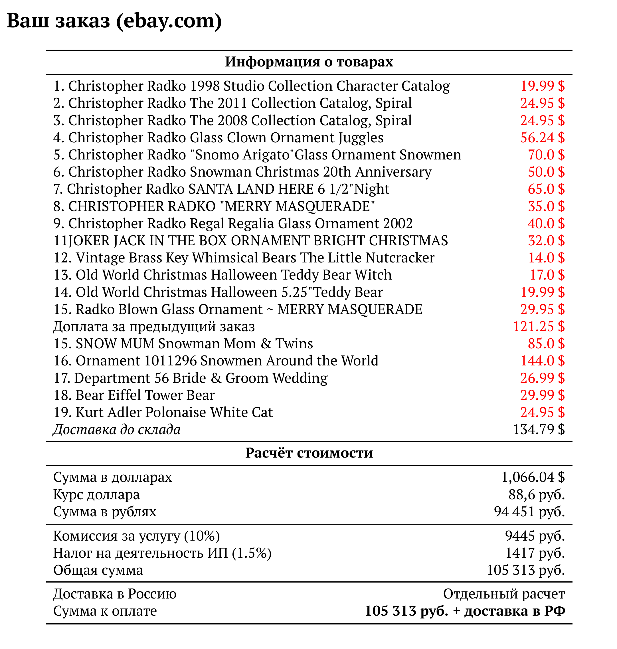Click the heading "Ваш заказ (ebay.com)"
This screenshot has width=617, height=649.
click(x=114, y=21)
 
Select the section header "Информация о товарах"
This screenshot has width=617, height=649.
click(x=309, y=62)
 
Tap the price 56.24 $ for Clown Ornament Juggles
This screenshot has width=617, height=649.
click(x=542, y=138)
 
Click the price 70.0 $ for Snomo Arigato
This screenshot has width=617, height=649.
click(x=546, y=155)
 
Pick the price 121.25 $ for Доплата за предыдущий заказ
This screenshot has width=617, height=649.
click(x=539, y=326)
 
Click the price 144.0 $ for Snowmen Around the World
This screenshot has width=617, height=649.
click(x=542, y=361)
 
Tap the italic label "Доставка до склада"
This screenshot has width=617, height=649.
click(x=117, y=429)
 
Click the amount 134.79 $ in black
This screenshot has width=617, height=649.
click(x=539, y=429)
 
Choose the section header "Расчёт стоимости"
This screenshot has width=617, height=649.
click(x=309, y=453)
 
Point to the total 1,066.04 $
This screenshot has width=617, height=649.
click(x=533, y=477)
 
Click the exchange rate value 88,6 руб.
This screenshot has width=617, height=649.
click(x=537, y=494)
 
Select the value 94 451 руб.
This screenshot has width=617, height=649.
click(x=529, y=511)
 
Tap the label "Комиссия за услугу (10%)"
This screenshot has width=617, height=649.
click(x=136, y=536)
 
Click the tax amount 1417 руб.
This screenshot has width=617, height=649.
click(x=535, y=553)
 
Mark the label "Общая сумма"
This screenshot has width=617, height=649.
click(x=98, y=570)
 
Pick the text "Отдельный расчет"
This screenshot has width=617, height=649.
click(x=503, y=594)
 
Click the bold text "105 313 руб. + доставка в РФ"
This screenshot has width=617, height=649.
click(x=465, y=611)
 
